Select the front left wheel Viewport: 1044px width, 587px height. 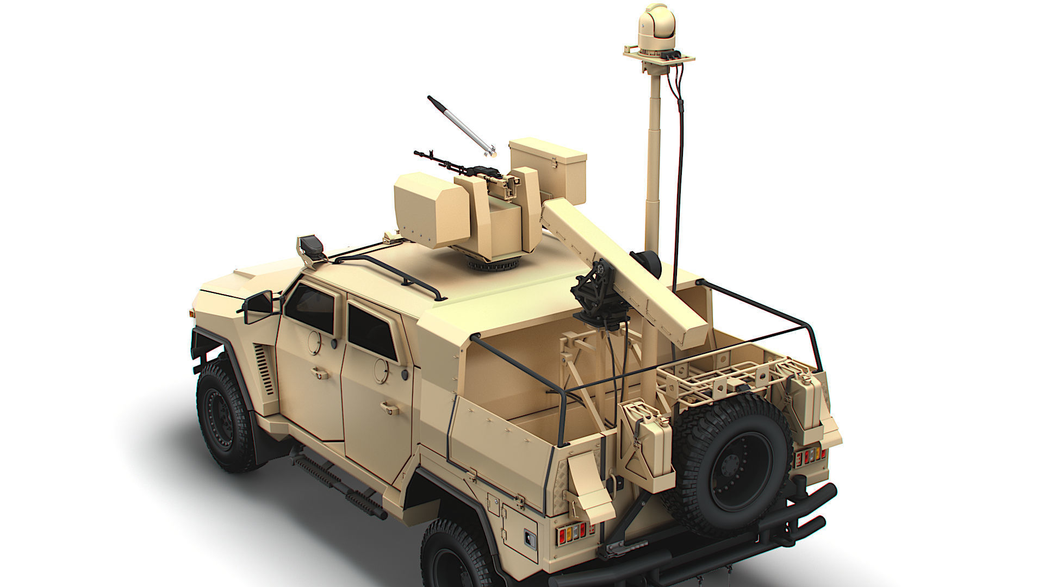tap(223, 416)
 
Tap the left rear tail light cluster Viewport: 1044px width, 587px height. tap(570, 533)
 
